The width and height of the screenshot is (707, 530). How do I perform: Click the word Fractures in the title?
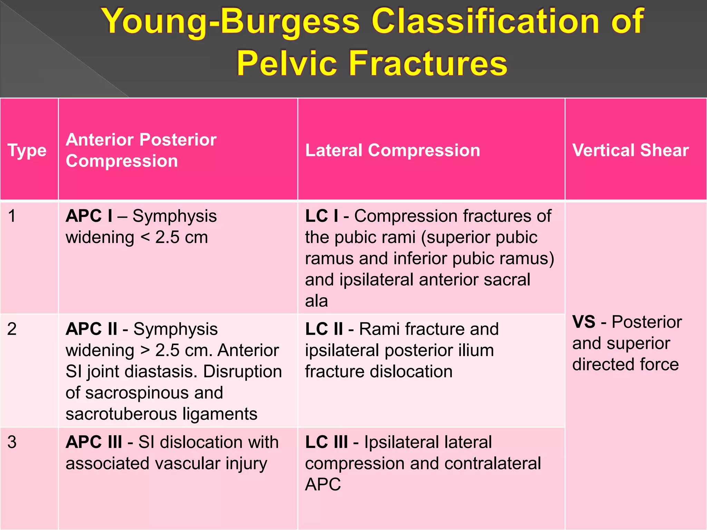428,63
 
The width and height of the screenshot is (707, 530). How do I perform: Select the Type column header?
27,150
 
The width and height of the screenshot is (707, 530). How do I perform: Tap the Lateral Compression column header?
393,150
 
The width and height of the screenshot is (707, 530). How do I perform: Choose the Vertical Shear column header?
630,150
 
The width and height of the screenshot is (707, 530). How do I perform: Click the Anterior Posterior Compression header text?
141,150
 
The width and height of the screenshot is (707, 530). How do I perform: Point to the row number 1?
12,216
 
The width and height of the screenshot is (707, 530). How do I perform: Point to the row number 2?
12,329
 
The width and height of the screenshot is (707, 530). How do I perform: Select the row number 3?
12,442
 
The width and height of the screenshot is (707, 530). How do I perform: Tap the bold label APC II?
91,329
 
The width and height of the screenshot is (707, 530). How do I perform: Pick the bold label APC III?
94,442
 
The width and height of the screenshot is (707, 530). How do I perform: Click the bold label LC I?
321,216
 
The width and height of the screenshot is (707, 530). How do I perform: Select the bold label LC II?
324,329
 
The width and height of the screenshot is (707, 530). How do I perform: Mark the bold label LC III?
326,442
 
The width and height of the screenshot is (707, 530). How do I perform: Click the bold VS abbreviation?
584,322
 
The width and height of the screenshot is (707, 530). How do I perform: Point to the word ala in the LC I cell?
316,301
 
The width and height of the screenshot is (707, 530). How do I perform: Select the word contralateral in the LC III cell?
493,463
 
